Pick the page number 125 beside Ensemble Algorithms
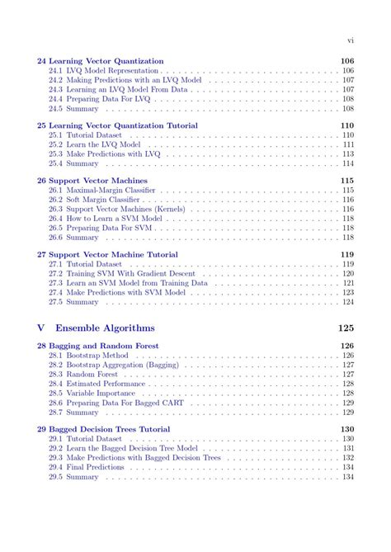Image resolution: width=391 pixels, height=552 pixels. click(346, 328)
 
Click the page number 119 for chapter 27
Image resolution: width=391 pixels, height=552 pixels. click(346, 254)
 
